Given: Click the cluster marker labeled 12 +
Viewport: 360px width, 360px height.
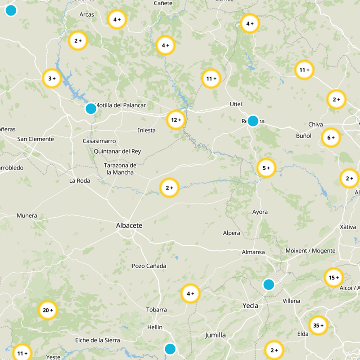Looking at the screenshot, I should click(176, 120).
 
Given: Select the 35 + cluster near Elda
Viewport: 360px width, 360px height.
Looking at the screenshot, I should click(319, 325).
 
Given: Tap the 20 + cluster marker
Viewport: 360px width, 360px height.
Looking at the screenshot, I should click(48, 310).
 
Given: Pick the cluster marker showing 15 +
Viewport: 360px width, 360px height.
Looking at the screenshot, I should click(334, 278).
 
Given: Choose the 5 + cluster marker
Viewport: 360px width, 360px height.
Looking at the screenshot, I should click(266, 168).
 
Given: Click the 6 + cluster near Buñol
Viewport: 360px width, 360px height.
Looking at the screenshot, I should click(331, 138).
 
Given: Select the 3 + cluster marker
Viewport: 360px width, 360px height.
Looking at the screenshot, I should click(52, 78).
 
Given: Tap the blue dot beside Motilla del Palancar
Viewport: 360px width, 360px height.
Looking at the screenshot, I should click(91, 108).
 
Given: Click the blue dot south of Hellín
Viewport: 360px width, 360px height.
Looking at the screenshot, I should click(170, 349).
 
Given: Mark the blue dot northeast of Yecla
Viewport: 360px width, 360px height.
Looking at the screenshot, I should click(269, 284).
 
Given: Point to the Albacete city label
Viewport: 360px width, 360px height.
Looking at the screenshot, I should click(129, 225).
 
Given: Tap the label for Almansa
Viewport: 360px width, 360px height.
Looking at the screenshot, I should click(253, 252).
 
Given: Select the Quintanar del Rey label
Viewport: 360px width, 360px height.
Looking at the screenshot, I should click(117, 151).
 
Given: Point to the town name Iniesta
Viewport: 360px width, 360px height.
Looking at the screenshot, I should click(146, 130).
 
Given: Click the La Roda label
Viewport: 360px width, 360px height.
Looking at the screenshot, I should click(80, 181).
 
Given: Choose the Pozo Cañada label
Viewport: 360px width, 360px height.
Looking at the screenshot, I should click(149, 266).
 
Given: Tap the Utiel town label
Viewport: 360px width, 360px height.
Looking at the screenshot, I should click(236, 104).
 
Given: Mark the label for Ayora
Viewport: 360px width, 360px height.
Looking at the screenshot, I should click(260, 212).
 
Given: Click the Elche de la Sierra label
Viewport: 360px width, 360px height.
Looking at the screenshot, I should click(97, 340).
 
